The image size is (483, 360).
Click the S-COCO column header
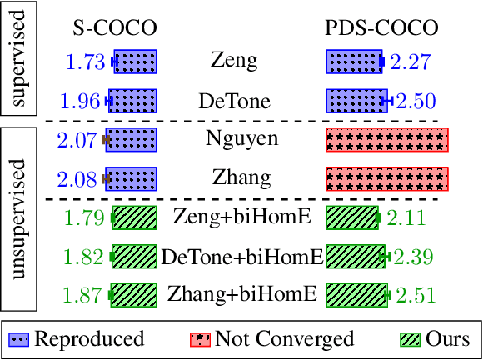tap(115, 28)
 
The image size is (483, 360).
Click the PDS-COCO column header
tap(381, 28)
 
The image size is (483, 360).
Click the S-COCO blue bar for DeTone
tap(132, 102)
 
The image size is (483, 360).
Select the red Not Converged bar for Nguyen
tap(387, 140)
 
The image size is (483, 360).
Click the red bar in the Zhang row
tap(387, 178)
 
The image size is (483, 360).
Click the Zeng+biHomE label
tap(242, 217)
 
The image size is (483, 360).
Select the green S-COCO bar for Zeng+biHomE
tap(134, 218)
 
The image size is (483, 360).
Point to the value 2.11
tap(404, 218)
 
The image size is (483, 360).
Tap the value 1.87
tap(85, 295)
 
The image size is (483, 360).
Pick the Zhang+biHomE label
tap(242, 294)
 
